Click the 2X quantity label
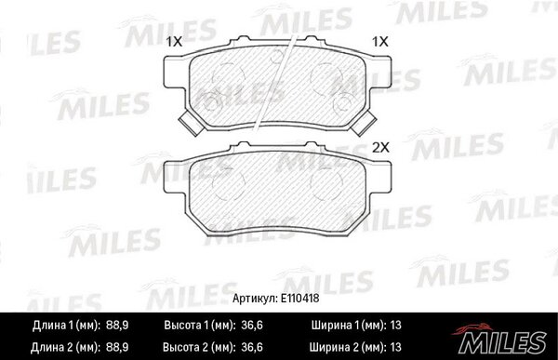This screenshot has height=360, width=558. tap(380, 147)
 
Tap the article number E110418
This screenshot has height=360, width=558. tap(299, 299)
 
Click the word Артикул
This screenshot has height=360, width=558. tap(255, 299)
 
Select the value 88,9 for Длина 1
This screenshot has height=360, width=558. tap(117, 325)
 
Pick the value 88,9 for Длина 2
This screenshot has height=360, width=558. tap(117, 347)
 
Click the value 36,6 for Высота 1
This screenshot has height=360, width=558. tap(252, 325)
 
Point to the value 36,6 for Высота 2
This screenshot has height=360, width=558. tap(252, 347)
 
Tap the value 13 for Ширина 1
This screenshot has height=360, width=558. tap(395, 325)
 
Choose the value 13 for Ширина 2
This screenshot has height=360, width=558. tap(395, 347)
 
